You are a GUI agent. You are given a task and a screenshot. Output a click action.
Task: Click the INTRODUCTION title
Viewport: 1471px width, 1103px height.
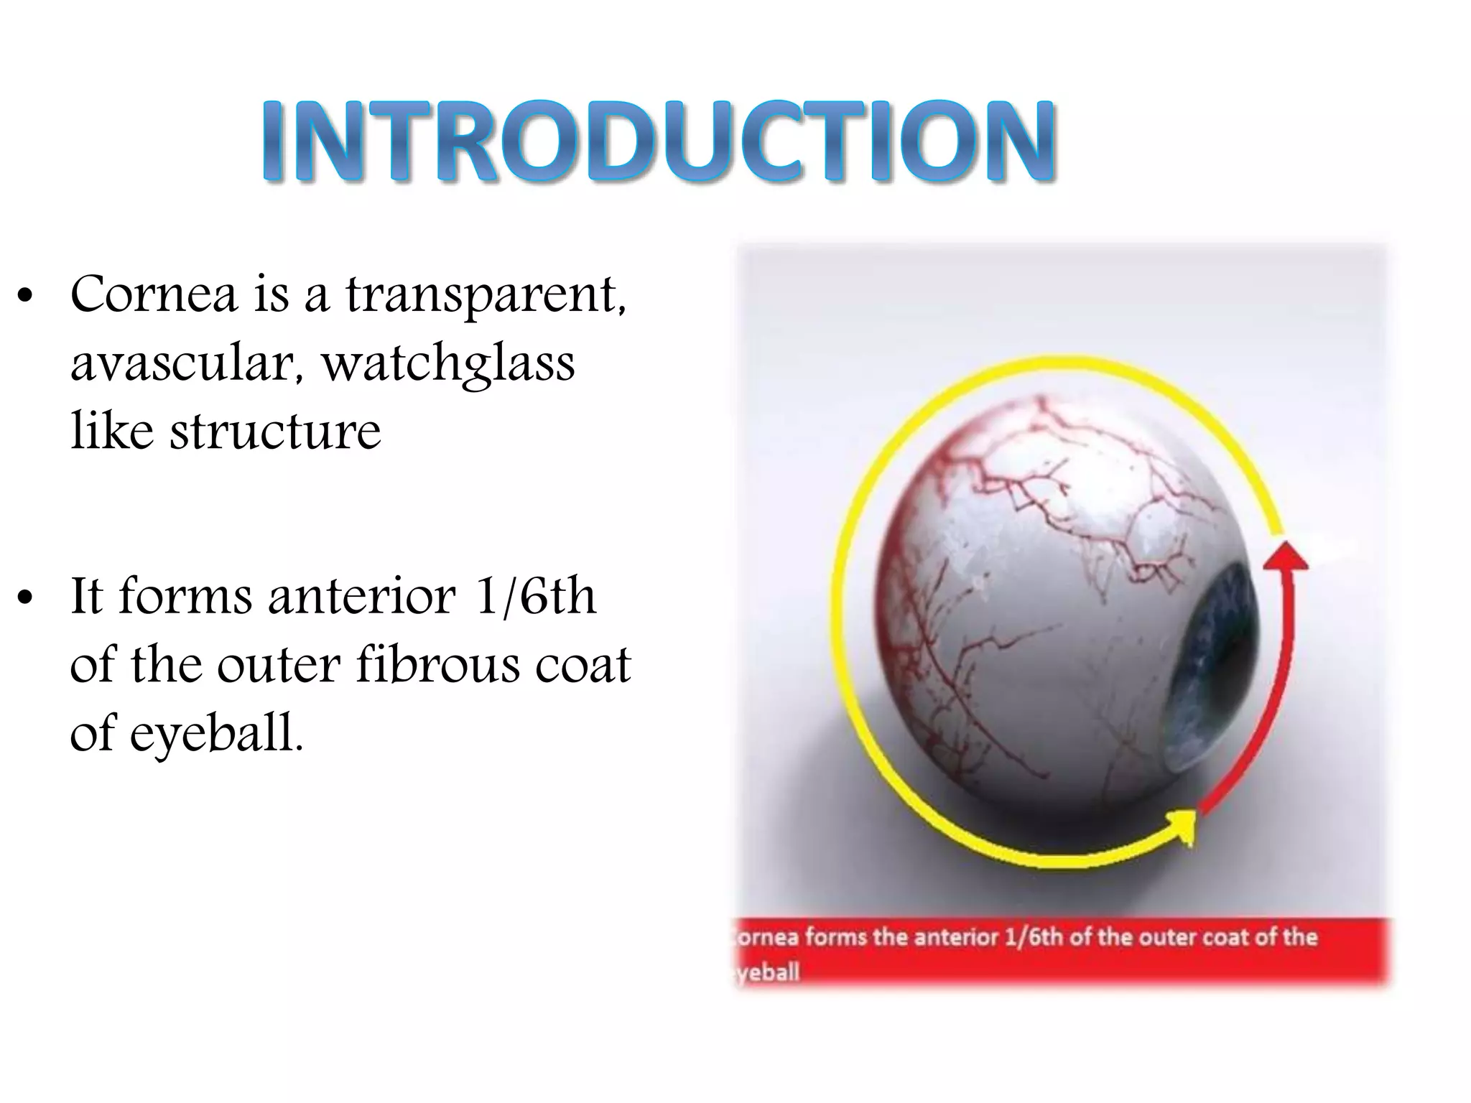658,141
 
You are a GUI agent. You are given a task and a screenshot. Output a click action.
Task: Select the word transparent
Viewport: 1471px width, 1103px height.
486,296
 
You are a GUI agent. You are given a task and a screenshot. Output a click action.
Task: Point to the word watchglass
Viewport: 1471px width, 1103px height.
448,364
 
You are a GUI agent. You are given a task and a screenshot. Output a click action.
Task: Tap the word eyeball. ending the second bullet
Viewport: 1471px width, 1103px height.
215,734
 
